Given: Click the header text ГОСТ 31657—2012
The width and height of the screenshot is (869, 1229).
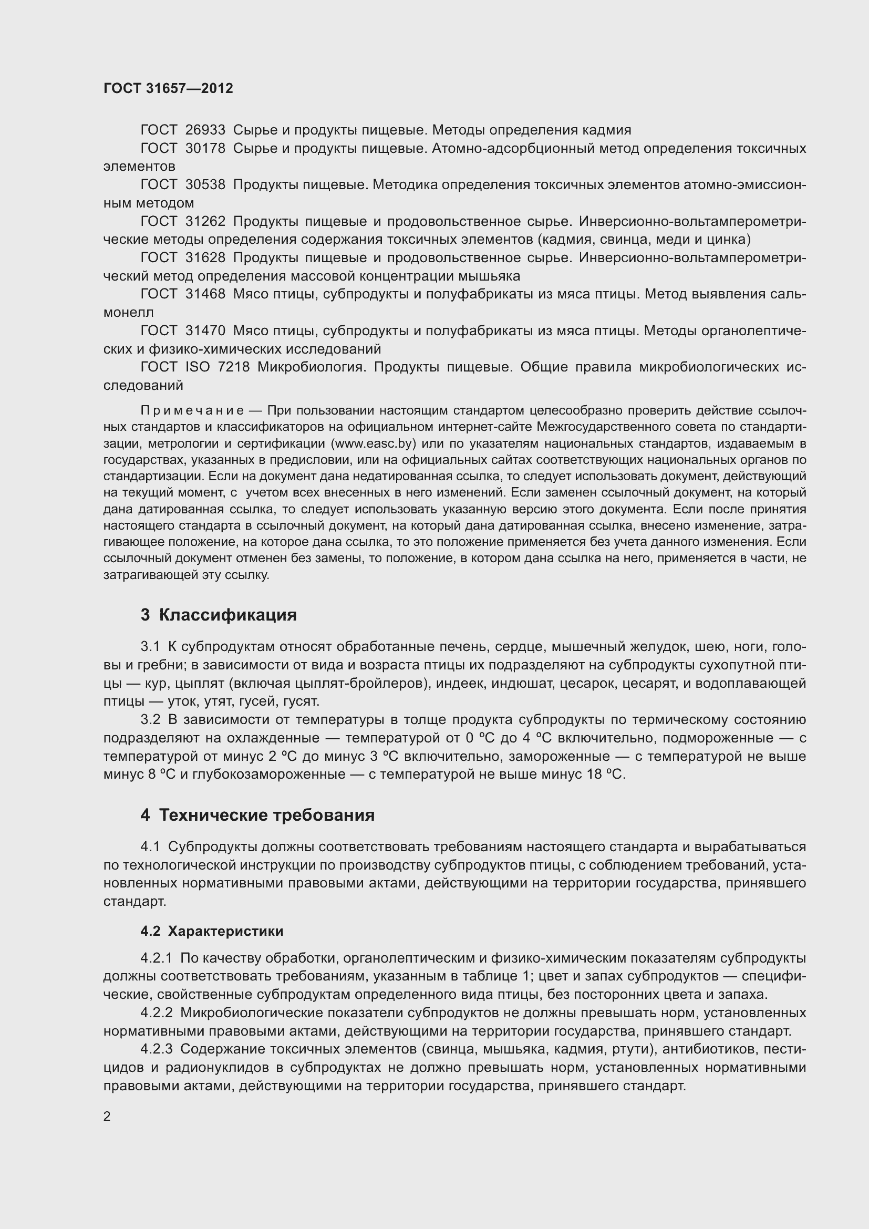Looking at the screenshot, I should click(168, 88).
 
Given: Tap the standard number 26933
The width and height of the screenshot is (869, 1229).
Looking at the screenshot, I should click(205, 130).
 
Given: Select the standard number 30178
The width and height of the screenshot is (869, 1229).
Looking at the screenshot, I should click(205, 148).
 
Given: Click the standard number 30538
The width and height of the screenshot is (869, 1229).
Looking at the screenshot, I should click(205, 184).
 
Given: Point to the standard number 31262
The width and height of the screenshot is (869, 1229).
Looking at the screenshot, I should click(205, 221).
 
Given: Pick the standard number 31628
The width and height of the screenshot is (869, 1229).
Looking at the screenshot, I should click(205, 257).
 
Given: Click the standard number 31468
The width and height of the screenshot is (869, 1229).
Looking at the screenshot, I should click(205, 294).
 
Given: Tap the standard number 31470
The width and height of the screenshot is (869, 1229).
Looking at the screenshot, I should click(205, 331).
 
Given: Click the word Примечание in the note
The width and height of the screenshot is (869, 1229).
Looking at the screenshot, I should click(192, 410).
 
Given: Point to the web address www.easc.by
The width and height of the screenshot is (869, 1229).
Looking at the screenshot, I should click(374, 444).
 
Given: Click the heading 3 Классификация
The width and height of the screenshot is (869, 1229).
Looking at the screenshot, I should click(219, 615).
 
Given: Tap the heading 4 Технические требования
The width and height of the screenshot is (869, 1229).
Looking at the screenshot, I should click(257, 815).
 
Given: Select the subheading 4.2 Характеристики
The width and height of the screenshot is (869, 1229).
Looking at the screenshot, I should click(212, 932).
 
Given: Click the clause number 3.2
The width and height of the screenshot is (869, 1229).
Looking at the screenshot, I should click(150, 720).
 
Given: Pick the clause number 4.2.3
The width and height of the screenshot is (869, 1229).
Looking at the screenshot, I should click(156, 1049).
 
